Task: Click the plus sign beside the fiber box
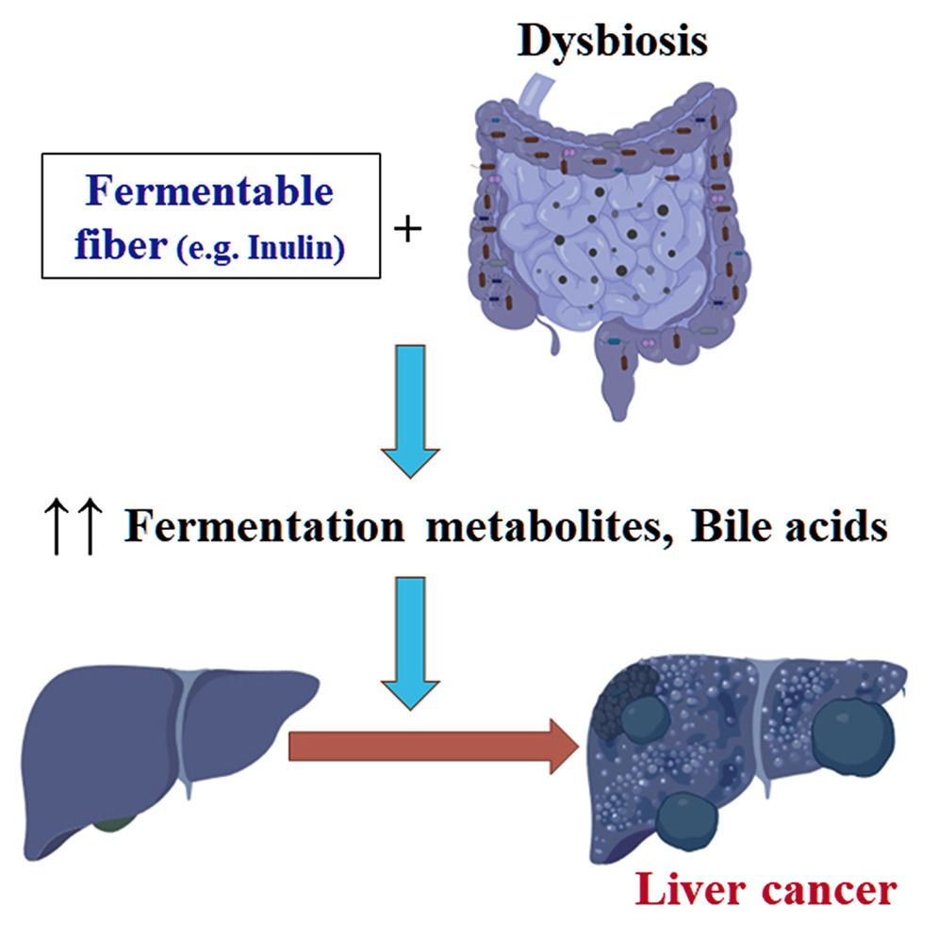(x=406, y=228)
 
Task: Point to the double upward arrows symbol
(x=71, y=531)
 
